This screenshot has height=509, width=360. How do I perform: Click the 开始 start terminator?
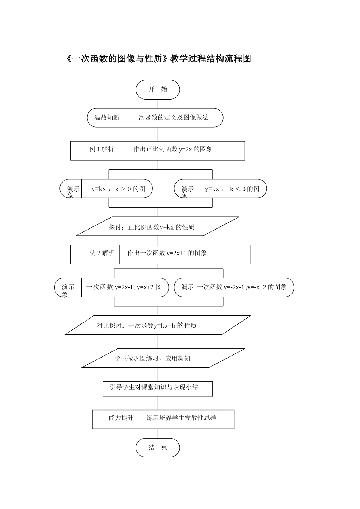(x=158, y=90)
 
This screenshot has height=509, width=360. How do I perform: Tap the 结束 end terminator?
(x=158, y=448)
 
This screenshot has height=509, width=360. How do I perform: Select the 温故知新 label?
(x=106, y=117)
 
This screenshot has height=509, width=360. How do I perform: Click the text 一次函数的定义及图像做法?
(x=170, y=117)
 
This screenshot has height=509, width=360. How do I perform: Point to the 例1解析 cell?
(x=101, y=149)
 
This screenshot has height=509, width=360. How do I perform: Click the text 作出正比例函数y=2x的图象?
(x=172, y=149)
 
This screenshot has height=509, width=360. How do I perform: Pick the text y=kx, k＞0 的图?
(x=118, y=189)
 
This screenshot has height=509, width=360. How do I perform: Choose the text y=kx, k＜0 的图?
(x=232, y=189)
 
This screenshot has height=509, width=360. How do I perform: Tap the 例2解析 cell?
(x=102, y=253)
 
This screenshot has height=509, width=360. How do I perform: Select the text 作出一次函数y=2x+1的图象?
(x=167, y=253)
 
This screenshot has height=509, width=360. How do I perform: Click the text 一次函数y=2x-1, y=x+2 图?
(x=124, y=287)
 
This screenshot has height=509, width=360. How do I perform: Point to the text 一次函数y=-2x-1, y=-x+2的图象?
(x=242, y=287)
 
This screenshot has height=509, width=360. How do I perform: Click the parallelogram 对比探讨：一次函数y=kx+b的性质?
(x=147, y=326)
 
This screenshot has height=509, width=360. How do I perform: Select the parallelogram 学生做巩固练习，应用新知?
(x=152, y=358)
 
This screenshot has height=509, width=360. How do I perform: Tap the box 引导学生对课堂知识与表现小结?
(x=154, y=387)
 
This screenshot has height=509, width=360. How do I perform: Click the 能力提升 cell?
(x=121, y=418)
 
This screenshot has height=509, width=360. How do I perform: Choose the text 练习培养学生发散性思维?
(x=181, y=418)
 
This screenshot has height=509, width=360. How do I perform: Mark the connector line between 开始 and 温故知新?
(x=158, y=104)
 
